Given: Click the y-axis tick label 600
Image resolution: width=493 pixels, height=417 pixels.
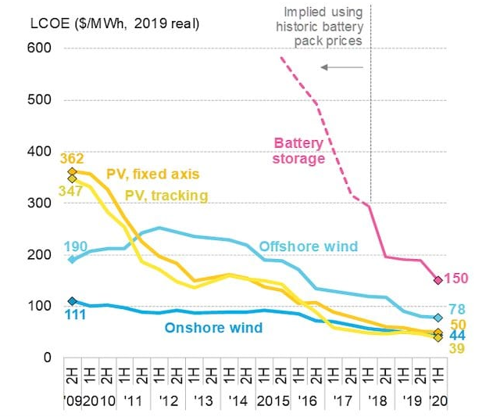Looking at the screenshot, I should click(40, 49).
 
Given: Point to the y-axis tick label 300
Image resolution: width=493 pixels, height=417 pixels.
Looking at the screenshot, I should click(40, 203).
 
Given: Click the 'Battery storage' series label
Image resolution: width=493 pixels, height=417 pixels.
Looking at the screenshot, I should click(299, 150).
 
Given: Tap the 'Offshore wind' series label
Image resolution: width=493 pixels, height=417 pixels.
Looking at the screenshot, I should click(300, 246).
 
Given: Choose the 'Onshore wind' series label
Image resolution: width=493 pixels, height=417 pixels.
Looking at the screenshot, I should click(213, 328).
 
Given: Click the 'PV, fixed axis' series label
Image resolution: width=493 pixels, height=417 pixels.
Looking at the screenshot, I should click(153, 173).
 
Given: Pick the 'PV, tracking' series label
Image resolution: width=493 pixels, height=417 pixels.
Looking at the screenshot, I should click(169, 195).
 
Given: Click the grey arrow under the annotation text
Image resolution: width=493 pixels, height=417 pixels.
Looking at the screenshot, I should click(342, 68).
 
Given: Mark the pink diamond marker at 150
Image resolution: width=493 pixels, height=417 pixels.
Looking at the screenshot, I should click(438, 280).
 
